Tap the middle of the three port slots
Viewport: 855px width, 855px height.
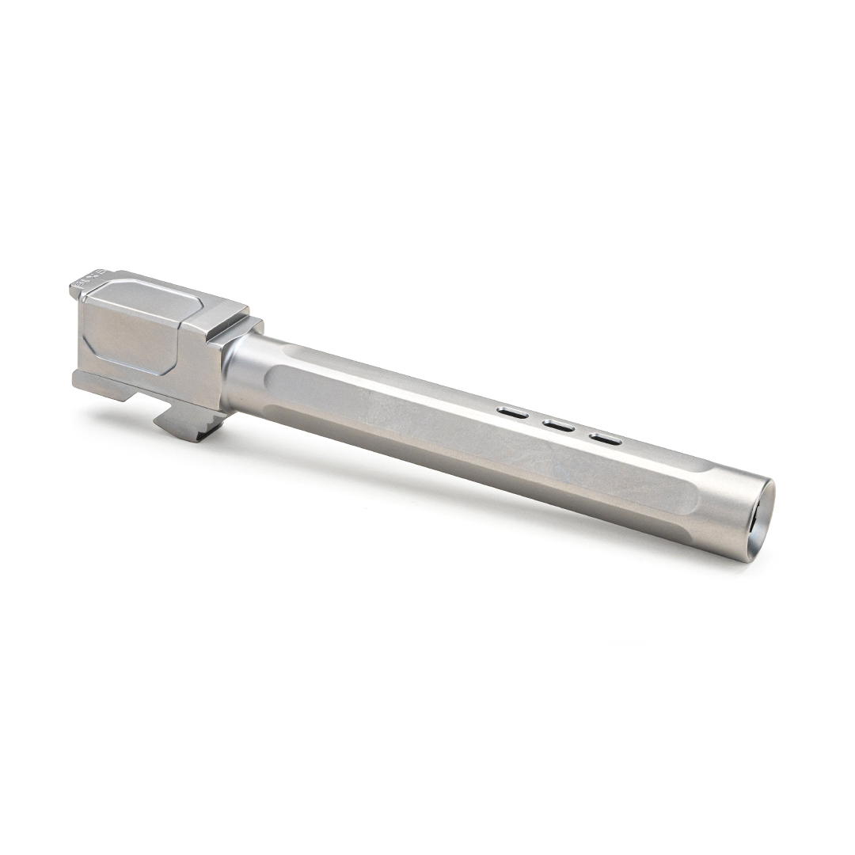click(559, 426)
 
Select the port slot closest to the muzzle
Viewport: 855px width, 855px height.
click(605, 439)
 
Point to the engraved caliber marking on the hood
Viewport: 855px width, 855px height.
click(82, 281)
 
